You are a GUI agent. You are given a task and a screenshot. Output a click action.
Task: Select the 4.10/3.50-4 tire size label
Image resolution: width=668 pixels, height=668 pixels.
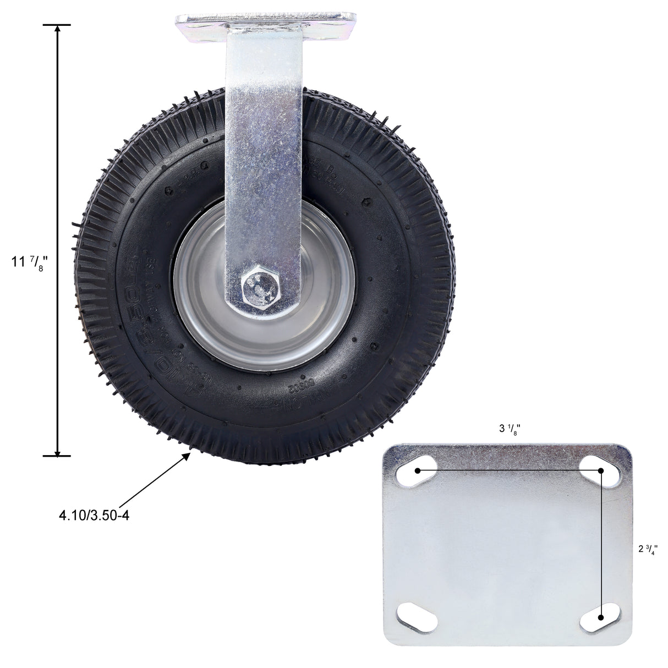94,516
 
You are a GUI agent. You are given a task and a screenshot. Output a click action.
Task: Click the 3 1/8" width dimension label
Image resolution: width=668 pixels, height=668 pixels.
510,430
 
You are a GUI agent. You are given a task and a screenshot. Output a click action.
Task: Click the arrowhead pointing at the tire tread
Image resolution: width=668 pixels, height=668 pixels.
188,455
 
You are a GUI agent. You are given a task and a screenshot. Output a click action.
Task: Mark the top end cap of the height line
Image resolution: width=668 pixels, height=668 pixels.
57,25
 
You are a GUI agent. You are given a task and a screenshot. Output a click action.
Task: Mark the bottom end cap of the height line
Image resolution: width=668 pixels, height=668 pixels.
57,455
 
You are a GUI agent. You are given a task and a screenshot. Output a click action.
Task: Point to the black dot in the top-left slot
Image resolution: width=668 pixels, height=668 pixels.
418,470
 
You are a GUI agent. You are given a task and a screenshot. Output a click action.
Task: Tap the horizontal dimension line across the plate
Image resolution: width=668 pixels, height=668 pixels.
509,471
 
